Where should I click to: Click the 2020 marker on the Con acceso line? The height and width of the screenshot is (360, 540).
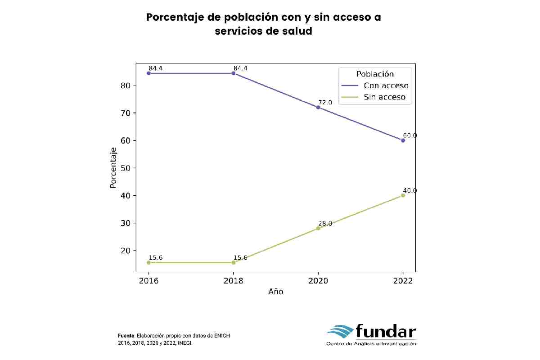click(318, 107)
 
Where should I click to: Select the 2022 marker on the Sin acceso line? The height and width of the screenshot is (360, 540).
click(403, 195)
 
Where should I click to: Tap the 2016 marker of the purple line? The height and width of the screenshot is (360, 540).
click(148, 73)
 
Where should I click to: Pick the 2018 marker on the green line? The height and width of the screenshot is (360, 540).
click(233, 262)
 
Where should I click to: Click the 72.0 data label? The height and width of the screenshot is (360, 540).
click(325, 102)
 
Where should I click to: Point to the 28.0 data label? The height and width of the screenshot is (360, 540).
click(325, 223)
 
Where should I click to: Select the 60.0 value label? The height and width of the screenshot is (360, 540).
click(409, 135)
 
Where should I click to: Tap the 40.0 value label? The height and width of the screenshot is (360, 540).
click(409, 190)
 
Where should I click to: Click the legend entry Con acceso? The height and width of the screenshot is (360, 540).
click(386, 85)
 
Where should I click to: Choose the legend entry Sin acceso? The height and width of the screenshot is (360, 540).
click(384, 97)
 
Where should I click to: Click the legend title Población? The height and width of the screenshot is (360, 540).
click(375, 74)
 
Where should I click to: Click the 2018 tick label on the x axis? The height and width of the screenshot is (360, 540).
click(233, 280)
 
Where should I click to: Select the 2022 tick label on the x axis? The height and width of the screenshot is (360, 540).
click(403, 280)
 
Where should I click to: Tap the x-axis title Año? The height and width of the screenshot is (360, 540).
click(275, 292)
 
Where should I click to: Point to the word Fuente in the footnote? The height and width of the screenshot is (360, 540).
click(126, 336)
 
